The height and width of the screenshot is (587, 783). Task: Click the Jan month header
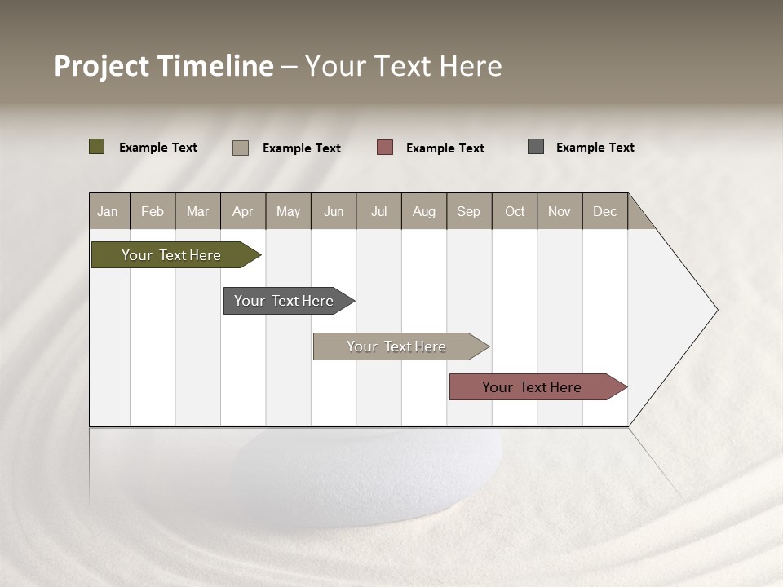point(108,211)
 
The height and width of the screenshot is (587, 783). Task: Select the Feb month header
point(153,211)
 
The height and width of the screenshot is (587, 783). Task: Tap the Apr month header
point(242,211)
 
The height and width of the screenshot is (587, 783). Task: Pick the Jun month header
point(334,211)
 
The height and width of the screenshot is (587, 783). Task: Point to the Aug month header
point(423,211)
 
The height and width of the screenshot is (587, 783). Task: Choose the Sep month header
point(468,211)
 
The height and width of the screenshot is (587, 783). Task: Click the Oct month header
point(515,211)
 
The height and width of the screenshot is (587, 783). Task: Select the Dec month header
point(604,211)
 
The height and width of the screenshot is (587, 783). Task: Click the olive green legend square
point(96,147)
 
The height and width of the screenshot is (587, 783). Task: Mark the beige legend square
point(241,148)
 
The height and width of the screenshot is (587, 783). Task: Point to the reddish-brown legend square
point(385,148)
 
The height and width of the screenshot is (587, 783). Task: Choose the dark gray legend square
point(536,147)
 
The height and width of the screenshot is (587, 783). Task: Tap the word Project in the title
point(102,66)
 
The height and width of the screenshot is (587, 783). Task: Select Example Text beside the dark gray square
point(595,148)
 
